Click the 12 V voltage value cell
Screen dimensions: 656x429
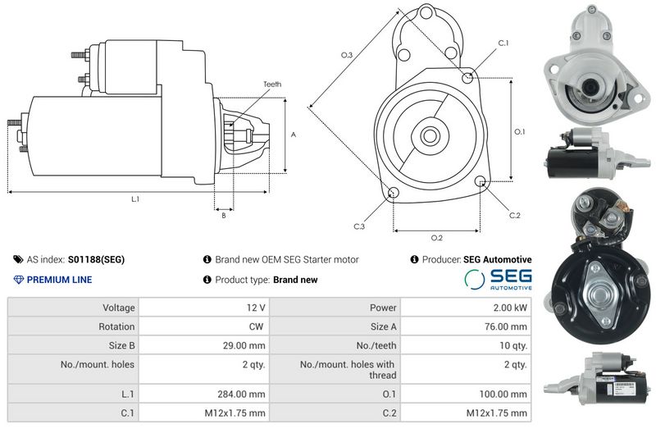click(256, 308)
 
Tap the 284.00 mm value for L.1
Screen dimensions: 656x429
click(241, 394)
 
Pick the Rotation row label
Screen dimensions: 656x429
click(116, 326)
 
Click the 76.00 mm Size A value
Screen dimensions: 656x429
click(506, 326)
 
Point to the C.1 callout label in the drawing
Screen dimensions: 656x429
click(503, 43)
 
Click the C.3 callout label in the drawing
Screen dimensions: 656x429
click(359, 226)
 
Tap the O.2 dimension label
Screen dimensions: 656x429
click(437, 238)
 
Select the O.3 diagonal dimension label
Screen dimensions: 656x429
click(346, 55)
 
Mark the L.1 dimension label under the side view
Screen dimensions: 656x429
click(135, 199)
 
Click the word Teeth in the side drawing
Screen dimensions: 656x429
click(272, 84)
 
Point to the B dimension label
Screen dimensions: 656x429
click(224, 216)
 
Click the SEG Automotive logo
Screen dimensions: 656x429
click(498, 279)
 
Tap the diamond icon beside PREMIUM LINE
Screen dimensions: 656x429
click(18, 280)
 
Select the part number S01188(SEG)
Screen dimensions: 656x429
click(96, 259)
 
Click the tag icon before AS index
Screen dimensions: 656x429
click(18, 259)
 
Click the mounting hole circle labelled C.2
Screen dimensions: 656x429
click(481, 180)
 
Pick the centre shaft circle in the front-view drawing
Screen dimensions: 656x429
click(430, 136)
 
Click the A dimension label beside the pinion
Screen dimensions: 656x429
click(294, 135)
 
